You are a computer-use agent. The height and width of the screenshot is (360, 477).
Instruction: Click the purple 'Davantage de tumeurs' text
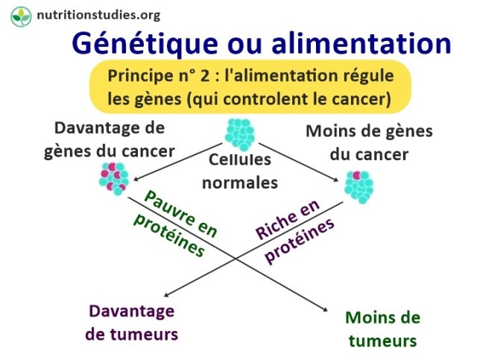(x=131, y=322)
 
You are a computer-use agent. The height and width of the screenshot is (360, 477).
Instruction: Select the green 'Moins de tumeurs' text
(x=382, y=329)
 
